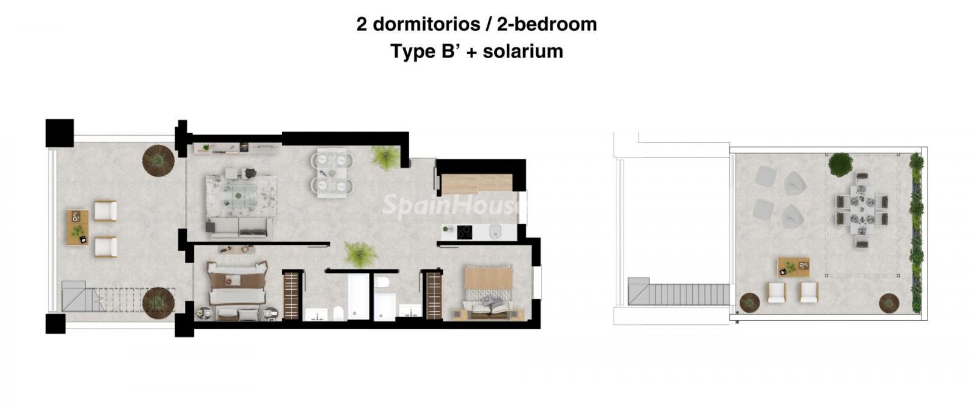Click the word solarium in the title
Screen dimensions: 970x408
pos(523,52)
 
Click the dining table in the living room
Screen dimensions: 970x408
pos(332,173)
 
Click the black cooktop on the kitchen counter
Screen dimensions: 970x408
pos(464,232)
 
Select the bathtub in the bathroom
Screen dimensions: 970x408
pos(358,296)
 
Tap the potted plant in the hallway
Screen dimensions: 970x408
pos(360,254)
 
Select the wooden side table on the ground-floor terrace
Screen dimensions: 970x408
pos(78,227)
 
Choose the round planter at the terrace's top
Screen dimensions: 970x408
pos(158,161)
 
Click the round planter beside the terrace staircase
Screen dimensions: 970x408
pos(158,303)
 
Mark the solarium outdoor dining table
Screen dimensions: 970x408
pos(861,210)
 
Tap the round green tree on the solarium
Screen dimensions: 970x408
pos(840,164)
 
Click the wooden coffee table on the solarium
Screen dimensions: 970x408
pos(794,267)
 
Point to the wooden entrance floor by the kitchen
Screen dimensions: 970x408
pos(477,183)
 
